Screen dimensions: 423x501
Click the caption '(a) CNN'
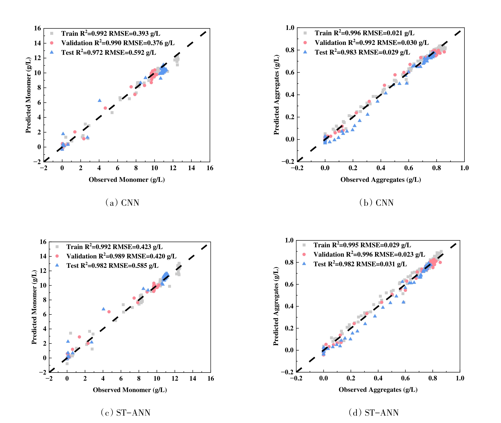point(122,203)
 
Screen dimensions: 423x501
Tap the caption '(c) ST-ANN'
point(126,413)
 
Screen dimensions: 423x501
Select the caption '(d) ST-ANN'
point(374,413)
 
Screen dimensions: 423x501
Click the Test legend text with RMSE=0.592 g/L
point(108,52)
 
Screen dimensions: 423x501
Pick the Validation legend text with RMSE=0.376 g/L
point(118,43)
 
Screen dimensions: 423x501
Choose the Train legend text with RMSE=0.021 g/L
point(364,33)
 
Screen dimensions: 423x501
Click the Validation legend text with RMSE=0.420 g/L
point(121,256)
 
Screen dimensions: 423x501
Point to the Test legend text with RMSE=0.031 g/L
point(360,264)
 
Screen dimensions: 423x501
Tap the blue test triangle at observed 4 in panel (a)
point(99,100)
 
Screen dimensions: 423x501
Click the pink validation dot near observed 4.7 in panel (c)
point(109,312)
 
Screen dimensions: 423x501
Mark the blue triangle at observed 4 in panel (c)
point(103,309)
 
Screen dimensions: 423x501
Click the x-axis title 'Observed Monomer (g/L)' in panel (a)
point(127,180)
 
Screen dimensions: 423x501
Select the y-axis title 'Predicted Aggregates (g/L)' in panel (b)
point(276,95)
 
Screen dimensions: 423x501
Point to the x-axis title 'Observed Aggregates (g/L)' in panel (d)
point(378,390)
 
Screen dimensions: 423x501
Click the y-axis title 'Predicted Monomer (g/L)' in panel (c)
point(34,307)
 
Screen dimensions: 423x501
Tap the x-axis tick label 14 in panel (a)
point(191,168)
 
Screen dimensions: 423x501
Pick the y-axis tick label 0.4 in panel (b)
point(290,95)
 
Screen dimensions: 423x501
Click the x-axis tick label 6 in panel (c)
point(121,379)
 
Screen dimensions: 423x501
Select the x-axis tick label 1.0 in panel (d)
point(460,378)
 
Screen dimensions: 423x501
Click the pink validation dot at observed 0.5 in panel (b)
point(395,75)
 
